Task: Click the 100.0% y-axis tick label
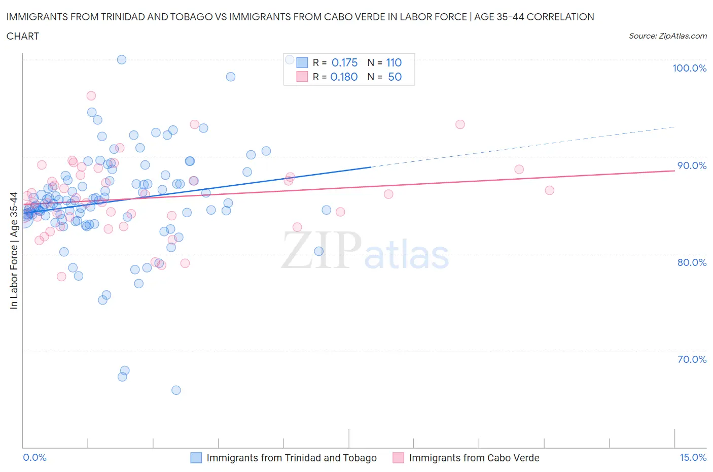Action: (689, 69)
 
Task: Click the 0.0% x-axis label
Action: (34, 458)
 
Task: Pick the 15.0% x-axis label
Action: (693, 458)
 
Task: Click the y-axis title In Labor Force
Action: (14, 250)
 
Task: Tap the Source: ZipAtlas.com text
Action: (667, 36)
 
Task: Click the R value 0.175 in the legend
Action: (344, 62)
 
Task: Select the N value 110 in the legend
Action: (394, 62)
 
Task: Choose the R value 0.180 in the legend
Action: (344, 77)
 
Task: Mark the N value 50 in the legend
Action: (395, 77)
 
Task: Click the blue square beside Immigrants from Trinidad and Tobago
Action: (196, 458)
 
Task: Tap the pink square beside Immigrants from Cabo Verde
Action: (399, 458)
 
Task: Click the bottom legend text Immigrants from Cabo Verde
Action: (474, 458)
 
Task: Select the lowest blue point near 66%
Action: (176, 390)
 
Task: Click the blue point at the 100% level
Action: (122, 59)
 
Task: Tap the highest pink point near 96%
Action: (91, 96)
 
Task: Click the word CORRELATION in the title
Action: (560, 17)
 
